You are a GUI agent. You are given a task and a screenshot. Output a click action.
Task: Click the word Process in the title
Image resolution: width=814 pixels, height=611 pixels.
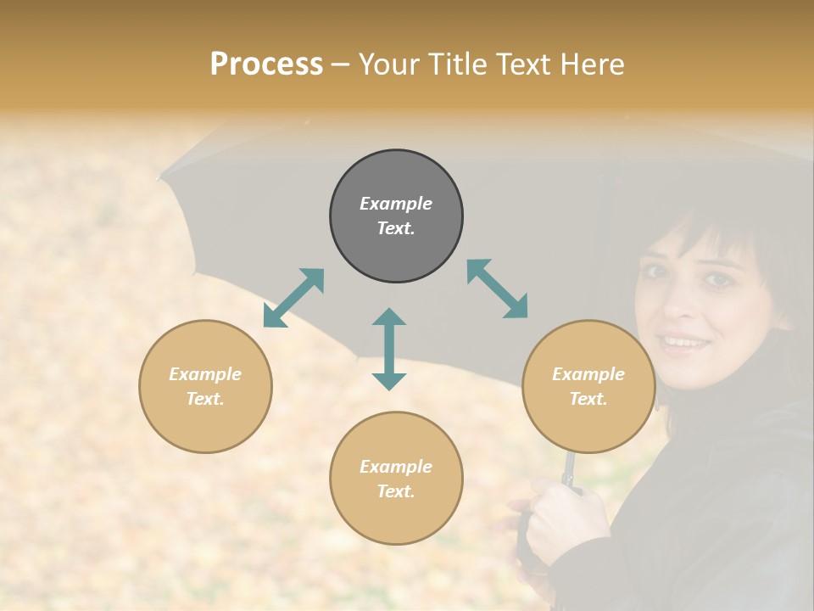tap(266, 64)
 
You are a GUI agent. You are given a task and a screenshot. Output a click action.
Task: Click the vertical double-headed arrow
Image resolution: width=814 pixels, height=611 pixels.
tap(389, 349)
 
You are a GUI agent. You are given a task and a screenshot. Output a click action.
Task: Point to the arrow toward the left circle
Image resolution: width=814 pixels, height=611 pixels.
tap(293, 298)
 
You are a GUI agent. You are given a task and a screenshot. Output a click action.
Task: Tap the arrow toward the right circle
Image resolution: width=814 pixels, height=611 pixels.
tap(497, 289)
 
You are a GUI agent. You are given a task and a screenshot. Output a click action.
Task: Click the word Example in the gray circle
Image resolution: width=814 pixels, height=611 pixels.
tap(396, 204)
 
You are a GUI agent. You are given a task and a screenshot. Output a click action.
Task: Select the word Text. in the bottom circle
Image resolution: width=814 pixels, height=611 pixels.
tap(396, 491)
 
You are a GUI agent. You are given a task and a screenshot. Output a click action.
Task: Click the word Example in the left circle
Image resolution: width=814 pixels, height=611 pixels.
tap(205, 374)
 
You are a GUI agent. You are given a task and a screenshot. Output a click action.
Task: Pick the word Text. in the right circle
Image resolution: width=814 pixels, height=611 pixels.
tap(588, 399)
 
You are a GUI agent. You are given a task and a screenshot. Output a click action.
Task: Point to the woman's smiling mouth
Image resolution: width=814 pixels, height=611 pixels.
tap(685, 342)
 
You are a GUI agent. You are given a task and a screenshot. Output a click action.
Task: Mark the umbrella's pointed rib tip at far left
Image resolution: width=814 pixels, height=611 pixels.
tap(161, 177)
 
